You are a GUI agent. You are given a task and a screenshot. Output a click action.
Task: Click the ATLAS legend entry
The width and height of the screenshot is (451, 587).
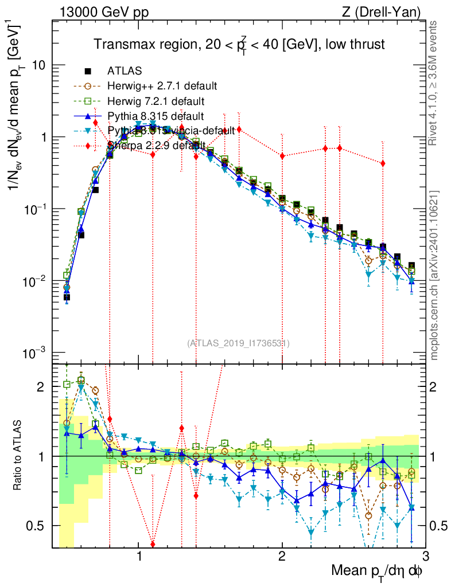click(x=125, y=71)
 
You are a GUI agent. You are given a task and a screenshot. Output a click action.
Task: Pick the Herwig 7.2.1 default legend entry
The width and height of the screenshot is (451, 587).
click(x=155, y=101)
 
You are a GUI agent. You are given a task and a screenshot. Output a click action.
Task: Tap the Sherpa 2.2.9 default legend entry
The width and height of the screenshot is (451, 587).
click(x=155, y=146)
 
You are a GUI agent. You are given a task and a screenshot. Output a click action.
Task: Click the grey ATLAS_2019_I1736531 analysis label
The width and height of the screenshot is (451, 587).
click(x=238, y=343)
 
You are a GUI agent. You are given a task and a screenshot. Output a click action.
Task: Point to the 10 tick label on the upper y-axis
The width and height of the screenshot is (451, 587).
click(x=38, y=65)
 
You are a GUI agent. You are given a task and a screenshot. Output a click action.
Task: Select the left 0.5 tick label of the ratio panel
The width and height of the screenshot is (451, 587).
click(x=38, y=525)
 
